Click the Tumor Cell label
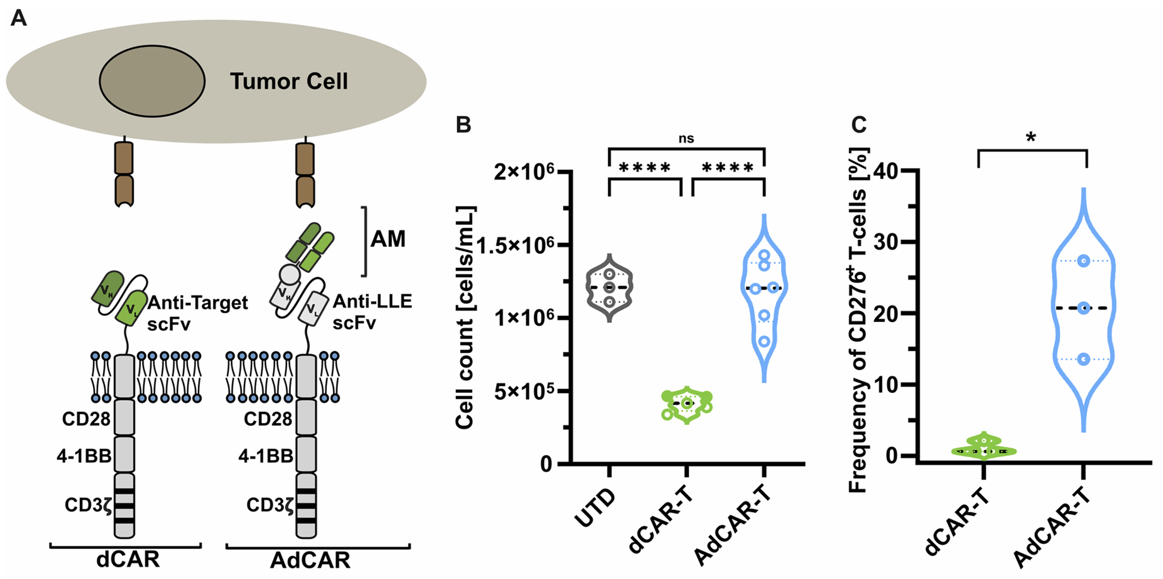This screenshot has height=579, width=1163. click(x=289, y=82)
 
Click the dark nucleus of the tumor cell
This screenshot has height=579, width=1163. click(x=152, y=81)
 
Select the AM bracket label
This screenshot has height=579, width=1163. click(x=388, y=239)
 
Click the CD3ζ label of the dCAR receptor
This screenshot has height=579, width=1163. click(x=88, y=505)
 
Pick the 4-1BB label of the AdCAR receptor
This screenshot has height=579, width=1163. click(x=265, y=456)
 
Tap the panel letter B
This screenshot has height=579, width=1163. click(x=463, y=125)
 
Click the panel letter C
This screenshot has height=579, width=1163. click(x=859, y=125)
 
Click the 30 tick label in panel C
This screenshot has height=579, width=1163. click(x=886, y=242)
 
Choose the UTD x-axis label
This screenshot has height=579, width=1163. click(x=596, y=508)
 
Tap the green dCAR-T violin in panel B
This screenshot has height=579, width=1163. click(x=687, y=405)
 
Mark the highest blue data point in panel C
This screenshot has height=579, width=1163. click(x=1084, y=261)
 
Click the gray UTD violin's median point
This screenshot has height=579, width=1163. click(x=610, y=288)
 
